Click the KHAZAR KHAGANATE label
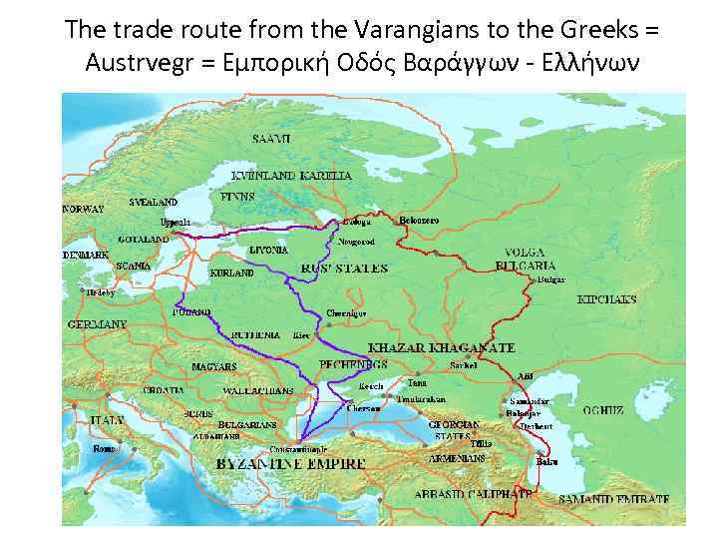(x=442, y=347)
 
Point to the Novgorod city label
(x=358, y=241)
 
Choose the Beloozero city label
(x=420, y=219)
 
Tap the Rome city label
(x=105, y=449)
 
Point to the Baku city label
(x=546, y=461)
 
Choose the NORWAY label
(x=83, y=210)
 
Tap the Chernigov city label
(x=347, y=312)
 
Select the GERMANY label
(x=97, y=324)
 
